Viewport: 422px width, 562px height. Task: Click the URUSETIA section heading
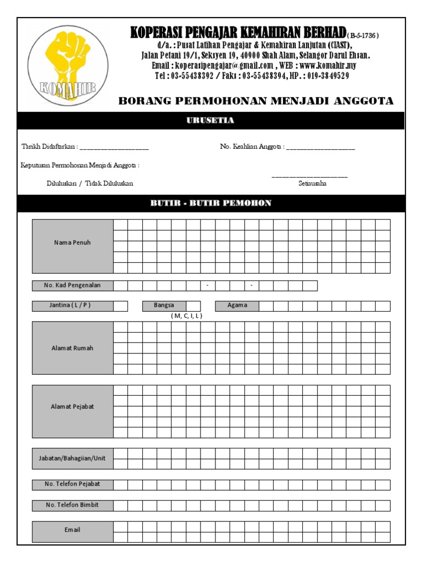click(x=211, y=121)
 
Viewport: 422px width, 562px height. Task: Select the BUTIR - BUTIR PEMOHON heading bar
click(x=211, y=203)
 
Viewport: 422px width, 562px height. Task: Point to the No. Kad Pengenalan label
click(x=73, y=285)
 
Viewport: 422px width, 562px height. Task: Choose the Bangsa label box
click(x=164, y=306)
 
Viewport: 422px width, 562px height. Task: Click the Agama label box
click(x=237, y=306)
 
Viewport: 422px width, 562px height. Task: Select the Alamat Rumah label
click(x=73, y=348)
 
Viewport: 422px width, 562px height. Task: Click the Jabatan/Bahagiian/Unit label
click(x=73, y=458)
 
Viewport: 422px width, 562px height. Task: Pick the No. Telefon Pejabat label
click(x=73, y=485)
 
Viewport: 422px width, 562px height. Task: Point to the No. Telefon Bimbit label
click(x=73, y=505)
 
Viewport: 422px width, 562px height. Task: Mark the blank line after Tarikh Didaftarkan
click(x=114, y=148)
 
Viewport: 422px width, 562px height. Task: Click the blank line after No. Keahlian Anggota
click(x=320, y=148)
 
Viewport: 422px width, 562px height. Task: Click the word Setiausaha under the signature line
click(x=312, y=184)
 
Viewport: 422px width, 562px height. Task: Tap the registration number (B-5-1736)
click(x=363, y=36)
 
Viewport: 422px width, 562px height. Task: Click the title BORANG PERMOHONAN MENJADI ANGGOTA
click(x=256, y=101)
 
